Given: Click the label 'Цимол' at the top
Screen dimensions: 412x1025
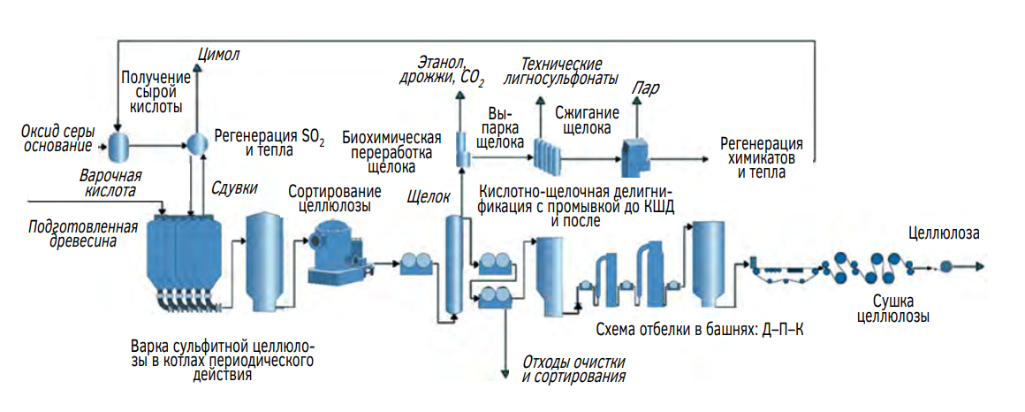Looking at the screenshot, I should tap(218, 55).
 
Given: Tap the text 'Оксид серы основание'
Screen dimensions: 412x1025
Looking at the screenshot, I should tap(57, 138).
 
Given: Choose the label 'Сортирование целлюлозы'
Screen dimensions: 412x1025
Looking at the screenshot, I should tap(335, 198).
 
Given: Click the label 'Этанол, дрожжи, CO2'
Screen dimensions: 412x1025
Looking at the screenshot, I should tap(450, 71).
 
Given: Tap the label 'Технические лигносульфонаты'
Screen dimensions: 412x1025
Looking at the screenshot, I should tap(561, 71).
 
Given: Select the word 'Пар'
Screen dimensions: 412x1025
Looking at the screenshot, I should tap(645, 88).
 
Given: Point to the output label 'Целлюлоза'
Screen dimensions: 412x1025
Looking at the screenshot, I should tap(944, 233).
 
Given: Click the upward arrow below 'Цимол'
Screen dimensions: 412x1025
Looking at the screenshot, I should tap(196, 97).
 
